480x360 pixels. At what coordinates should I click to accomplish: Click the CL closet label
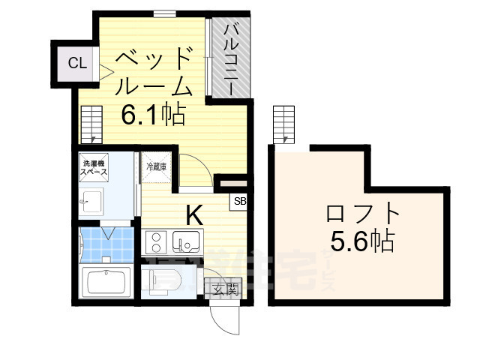77,63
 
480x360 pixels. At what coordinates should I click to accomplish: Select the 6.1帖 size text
154,115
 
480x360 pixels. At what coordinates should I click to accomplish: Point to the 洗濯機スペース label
94,168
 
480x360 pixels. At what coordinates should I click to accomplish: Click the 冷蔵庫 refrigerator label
156,166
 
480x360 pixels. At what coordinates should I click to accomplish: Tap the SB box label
240,201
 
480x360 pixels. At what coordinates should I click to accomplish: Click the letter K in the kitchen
193,215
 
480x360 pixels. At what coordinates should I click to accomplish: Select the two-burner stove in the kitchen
158,242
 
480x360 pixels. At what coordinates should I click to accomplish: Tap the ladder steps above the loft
285,123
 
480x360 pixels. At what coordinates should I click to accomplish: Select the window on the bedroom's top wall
165,12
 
